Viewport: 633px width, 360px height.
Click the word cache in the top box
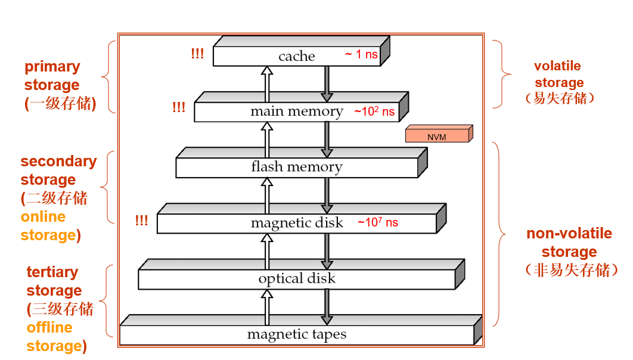coord(296,56)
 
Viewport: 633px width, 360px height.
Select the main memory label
coord(296,111)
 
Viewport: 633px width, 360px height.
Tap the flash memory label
coord(296,167)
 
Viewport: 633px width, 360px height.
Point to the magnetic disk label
coord(297,223)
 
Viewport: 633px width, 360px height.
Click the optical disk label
coord(297,278)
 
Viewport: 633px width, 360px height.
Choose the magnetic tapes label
coord(296,334)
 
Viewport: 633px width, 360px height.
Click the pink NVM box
coord(437,136)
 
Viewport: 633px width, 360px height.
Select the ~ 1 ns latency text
coord(361,54)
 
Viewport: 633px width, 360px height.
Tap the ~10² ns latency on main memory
coord(374,111)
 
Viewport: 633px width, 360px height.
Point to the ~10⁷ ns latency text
coord(378,222)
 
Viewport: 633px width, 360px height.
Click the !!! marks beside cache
coord(197,54)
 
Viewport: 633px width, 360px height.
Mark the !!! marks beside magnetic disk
coord(141,221)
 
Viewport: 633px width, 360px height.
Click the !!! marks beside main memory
coord(179,108)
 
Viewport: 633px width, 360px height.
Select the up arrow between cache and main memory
coord(266,84)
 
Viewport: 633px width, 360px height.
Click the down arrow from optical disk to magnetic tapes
coord(327,306)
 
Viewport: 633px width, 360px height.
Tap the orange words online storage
coord(48,226)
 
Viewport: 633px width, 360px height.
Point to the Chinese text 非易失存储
coord(569,270)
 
